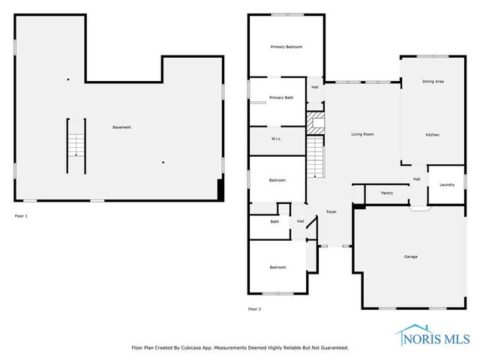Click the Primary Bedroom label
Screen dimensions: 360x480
point(286,47)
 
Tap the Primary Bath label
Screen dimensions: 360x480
point(281,97)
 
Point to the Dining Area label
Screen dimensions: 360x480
point(433,81)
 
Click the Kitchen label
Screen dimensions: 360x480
point(432,134)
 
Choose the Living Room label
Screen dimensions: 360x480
point(362,134)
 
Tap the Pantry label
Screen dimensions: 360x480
point(387,193)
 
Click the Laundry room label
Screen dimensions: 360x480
point(447,185)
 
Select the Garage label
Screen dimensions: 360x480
point(411,256)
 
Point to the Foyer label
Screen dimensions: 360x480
point(331,213)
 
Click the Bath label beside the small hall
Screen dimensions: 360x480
point(274,221)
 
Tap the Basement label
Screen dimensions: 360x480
point(121,127)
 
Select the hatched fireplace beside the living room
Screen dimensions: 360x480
point(316,122)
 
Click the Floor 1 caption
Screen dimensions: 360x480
point(21,216)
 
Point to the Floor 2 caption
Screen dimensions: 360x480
point(254,308)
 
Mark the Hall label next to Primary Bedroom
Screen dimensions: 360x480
point(315,87)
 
